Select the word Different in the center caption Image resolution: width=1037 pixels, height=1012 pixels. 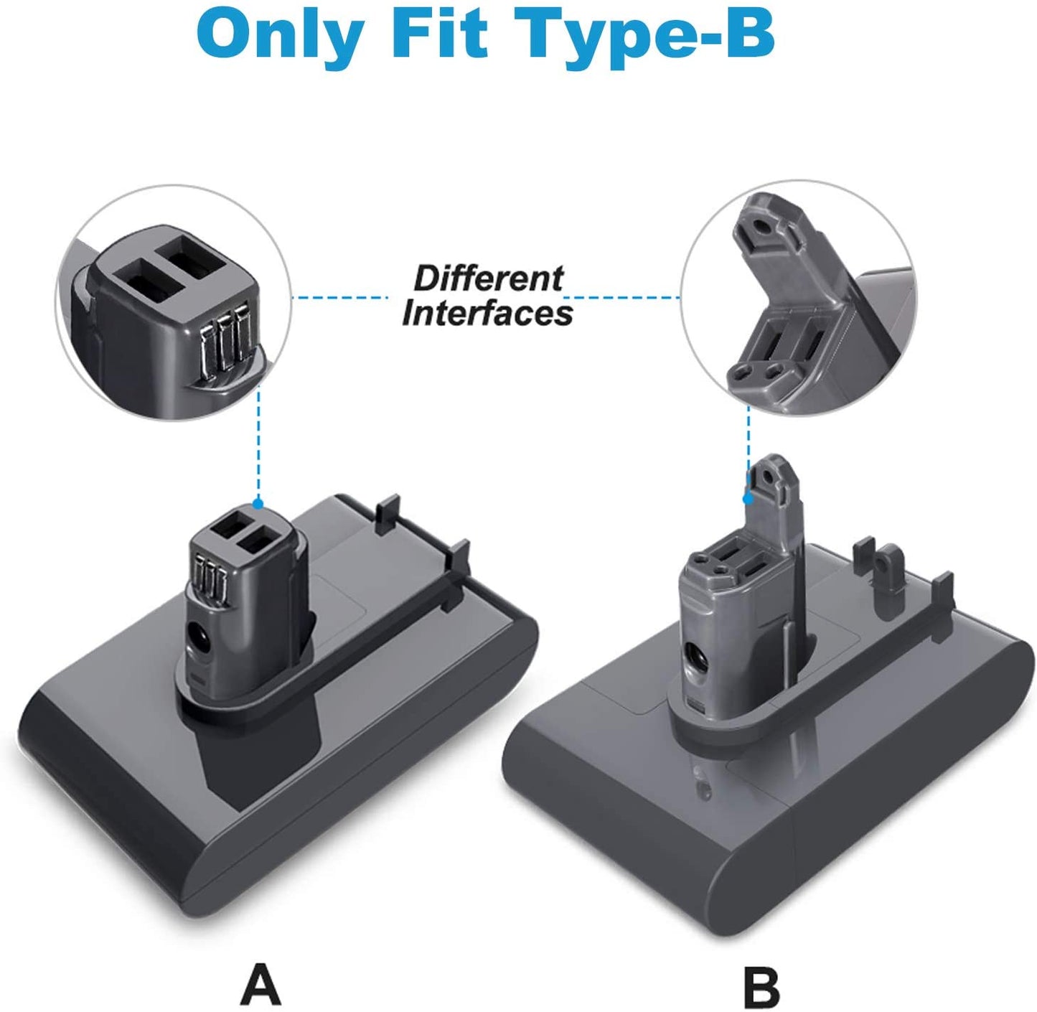(488, 278)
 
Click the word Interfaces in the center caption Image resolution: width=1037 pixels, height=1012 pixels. (488, 314)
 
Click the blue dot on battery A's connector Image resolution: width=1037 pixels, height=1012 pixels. (258, 504)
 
